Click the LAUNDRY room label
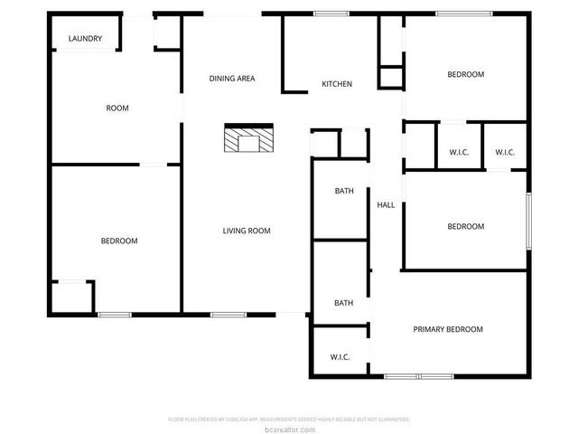tap(86, 39)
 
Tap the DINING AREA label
tap(232, 79)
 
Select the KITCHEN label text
tap(337, 85)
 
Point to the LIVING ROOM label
tap(247, 231)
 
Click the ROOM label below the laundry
tap(117, 108)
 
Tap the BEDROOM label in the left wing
tap(118, 241)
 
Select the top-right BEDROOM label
tap(466, 75)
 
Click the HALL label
tap(386, 205)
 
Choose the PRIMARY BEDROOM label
tap(448, 329)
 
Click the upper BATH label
tap(344, 191)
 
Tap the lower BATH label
tap(344, 303)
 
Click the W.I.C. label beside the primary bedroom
tap(340, 357)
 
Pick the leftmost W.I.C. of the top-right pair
tap(459, 152)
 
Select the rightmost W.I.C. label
tap(505, 152)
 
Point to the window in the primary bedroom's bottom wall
tap(417, 375)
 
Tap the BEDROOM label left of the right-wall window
tap(466, 227)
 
